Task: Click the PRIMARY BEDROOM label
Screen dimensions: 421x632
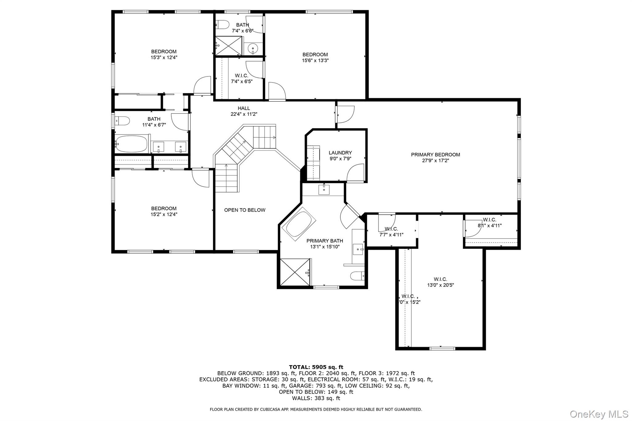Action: tap(435, 155)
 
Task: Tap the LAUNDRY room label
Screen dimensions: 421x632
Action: tap(340, 153)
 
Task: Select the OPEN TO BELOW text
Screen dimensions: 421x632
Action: tap(244, 210)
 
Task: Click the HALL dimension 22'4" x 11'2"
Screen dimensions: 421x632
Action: tap(244, 114)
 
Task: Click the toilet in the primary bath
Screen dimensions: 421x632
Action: tap(357, 275)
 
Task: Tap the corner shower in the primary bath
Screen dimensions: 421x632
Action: tap(294, 272)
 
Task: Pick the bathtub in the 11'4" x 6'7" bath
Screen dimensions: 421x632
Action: tap(131, 144)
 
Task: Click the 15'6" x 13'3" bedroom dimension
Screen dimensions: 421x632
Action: tap(315, 61)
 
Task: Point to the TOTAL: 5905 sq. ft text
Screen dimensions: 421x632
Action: tap(316, 367)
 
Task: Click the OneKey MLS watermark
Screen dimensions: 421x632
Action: tap(599, 414)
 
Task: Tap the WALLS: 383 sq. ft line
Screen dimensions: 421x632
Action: tap(316, 398)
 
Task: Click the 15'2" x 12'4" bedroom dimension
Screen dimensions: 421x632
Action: tap(164, 214)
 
